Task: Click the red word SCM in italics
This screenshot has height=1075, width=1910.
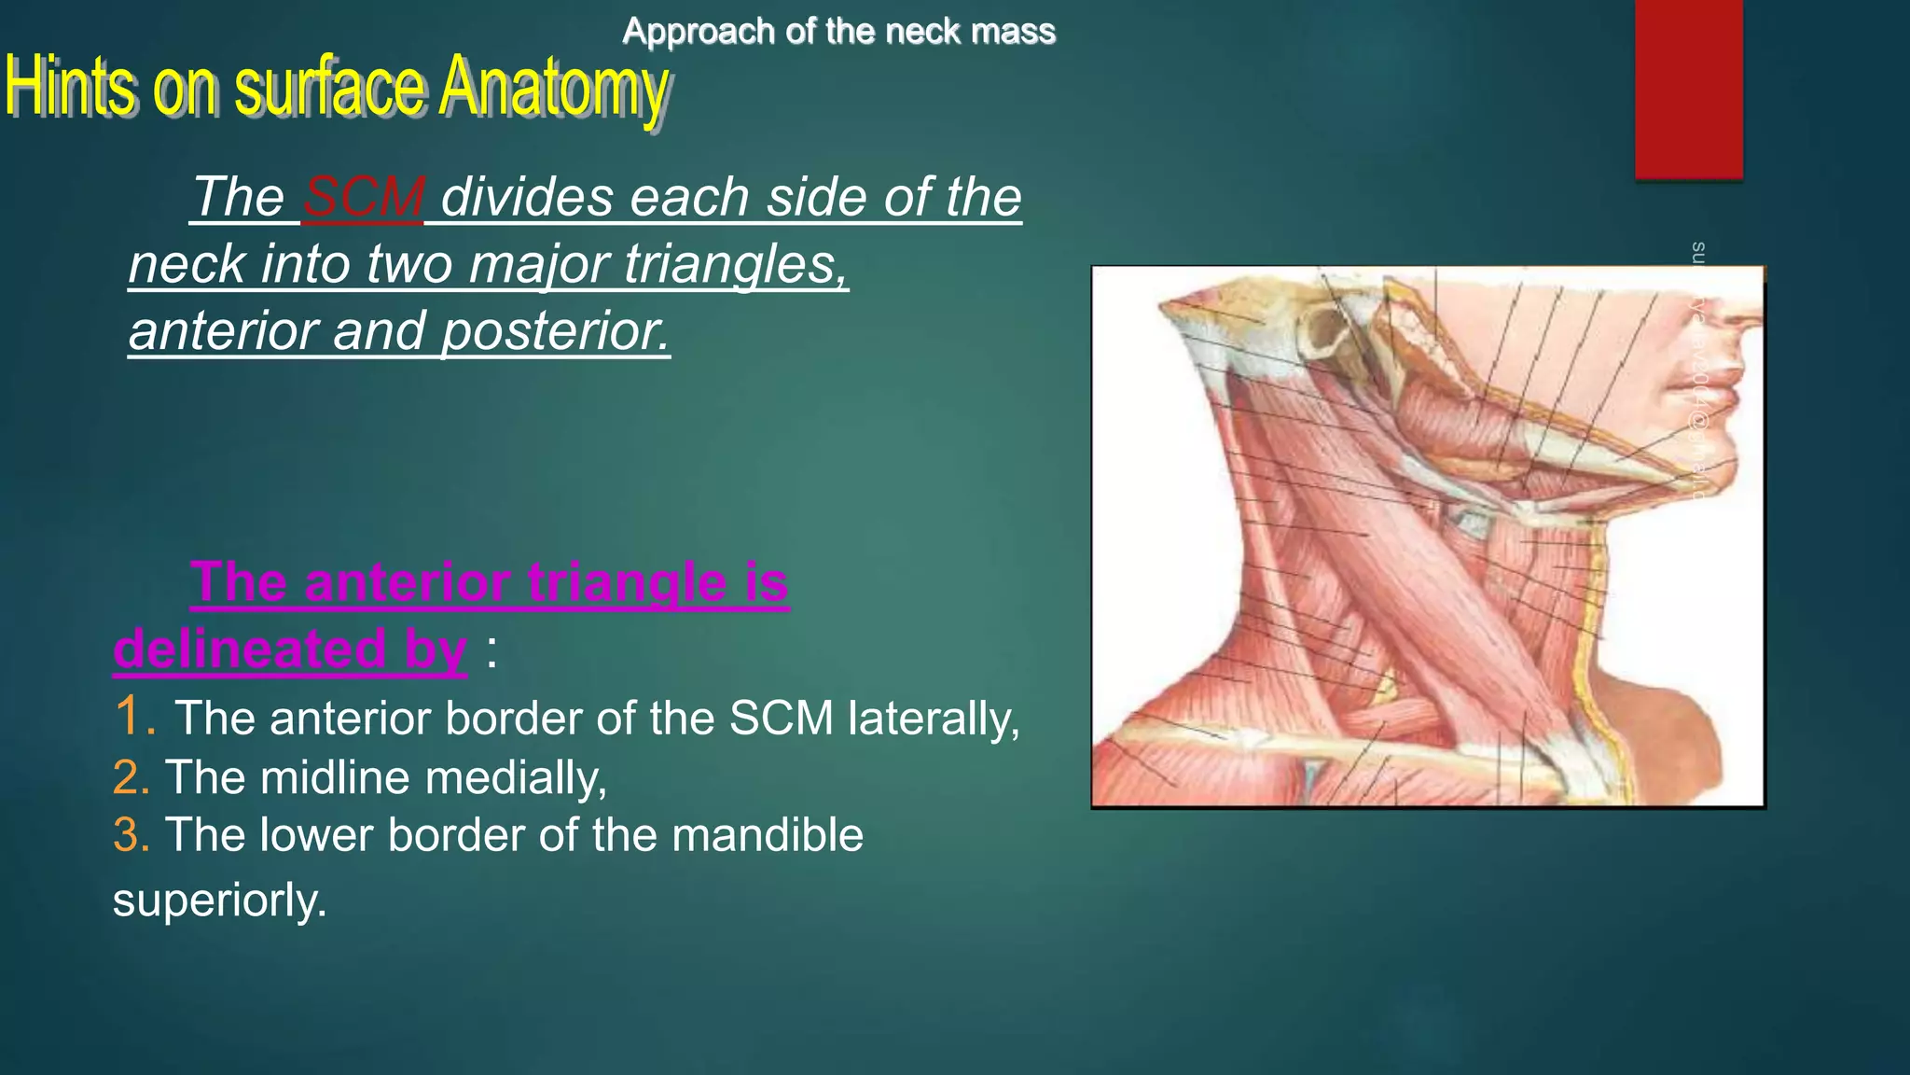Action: point(364,198)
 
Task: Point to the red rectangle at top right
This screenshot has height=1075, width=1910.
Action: point(1688,89)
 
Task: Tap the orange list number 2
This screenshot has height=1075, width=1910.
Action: point(130,777)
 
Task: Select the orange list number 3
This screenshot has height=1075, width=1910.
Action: point(130,834)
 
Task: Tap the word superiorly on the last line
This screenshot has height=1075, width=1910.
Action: point(219,900)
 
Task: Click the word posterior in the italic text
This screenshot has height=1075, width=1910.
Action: point(555,331)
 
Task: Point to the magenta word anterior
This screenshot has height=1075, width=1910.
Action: point(407,582)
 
